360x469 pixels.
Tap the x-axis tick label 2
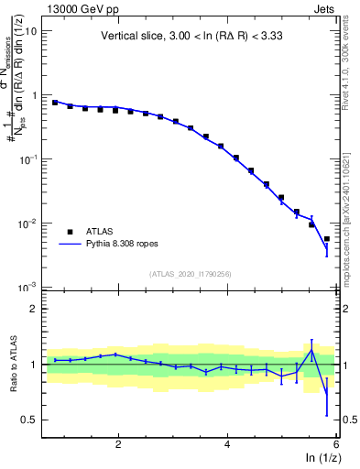coord(118,442)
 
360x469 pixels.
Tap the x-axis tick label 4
coord(227,442)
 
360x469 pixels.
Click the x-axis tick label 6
coord(335,442)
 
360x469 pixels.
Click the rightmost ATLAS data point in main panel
coord(327,239)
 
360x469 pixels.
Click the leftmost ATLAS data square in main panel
coord(55,103)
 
